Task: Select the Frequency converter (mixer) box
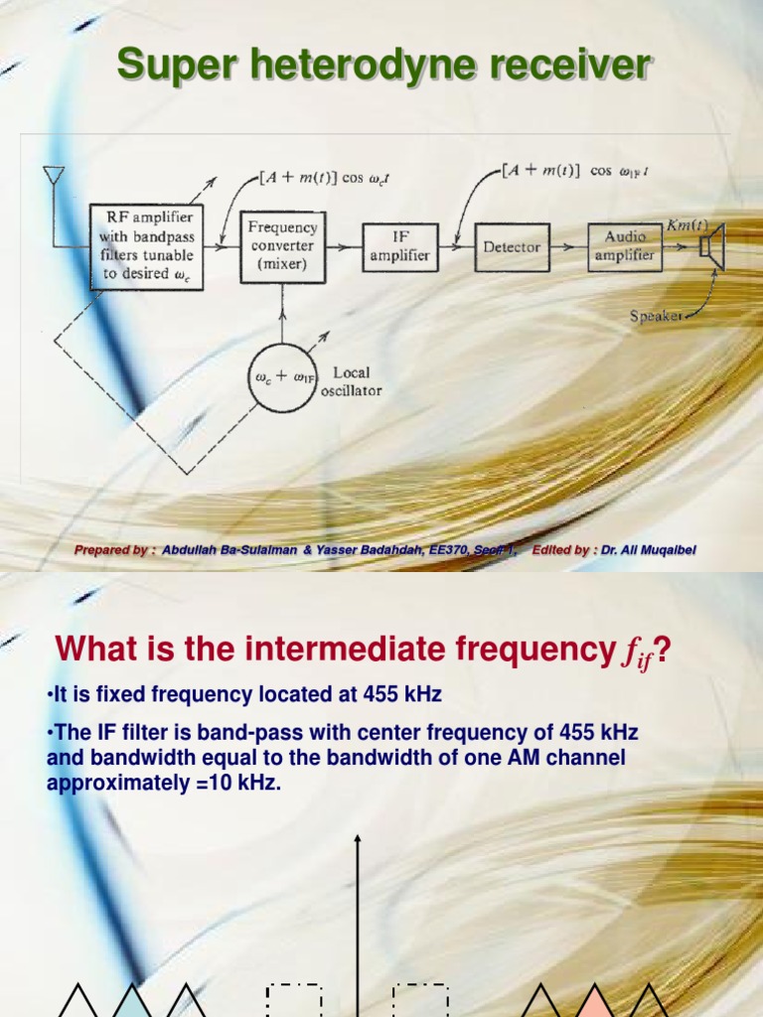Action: (282, 245)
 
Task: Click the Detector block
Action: (512, 245)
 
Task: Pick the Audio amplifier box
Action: (625, 245)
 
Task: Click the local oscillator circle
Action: (286, 377)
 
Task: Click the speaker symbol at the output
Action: (712, 245)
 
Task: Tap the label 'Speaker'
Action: (656, 316)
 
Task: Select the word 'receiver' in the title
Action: (565, 66)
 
